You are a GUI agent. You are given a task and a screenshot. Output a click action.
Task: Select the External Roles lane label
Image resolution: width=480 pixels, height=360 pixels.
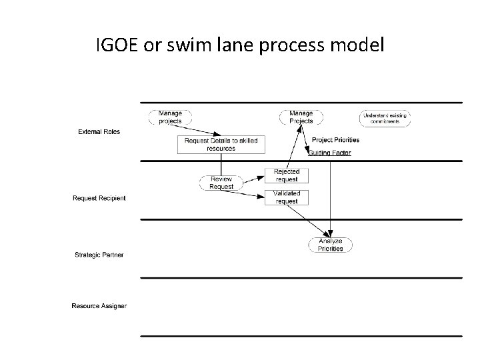pos(99,131)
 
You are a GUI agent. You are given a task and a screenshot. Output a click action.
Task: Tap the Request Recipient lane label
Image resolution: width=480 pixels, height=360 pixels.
pos(99,198)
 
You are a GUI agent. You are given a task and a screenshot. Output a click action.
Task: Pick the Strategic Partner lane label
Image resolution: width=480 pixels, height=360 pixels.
pos(98,255)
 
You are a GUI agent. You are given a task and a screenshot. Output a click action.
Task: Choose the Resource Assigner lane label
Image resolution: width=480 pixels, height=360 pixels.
pos(99,306)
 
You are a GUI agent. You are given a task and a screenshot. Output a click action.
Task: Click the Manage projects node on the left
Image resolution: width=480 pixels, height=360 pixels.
pos(170,117)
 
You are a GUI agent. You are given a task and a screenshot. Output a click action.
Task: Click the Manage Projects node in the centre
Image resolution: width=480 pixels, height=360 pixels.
pos(301,117)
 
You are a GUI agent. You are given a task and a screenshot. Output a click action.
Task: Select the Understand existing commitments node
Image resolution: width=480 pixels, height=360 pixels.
pos(385,118)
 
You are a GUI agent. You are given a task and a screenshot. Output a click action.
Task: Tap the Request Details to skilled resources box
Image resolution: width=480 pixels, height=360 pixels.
pos(221,144)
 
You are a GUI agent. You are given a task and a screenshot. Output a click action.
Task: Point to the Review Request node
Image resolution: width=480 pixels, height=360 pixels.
pos(222,183)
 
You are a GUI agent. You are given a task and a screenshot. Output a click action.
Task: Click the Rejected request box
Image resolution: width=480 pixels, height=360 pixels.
pos(287,175)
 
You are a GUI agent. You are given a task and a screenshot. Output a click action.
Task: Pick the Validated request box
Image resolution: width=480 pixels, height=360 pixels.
pos(287,197)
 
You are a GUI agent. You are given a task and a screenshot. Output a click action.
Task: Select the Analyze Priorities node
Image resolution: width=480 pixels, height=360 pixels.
pos(330,245)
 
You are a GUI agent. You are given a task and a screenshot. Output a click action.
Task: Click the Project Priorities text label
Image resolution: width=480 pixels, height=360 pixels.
pos(335,140)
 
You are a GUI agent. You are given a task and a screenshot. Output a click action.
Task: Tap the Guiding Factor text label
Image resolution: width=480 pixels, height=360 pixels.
pos(329,153)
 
